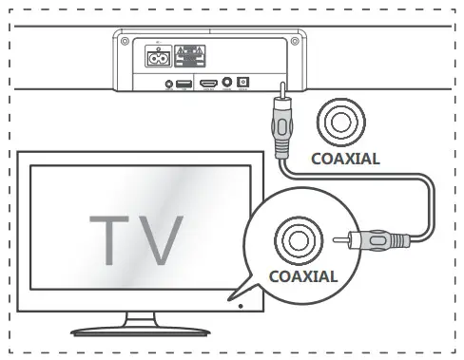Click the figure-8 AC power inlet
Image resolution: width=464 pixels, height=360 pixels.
(x=160, y=56)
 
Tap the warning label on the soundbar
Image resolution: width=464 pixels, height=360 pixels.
(x=193, y=55)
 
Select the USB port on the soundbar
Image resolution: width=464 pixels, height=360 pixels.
(x=183, y=85)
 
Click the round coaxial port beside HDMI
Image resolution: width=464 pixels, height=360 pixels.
(x=227, y=85)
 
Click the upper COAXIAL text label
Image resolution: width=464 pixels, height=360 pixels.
(x=346, y=159)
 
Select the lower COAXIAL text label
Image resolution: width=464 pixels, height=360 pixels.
(x=303, y=277)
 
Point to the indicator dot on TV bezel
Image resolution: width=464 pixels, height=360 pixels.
(x=240, y=306)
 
